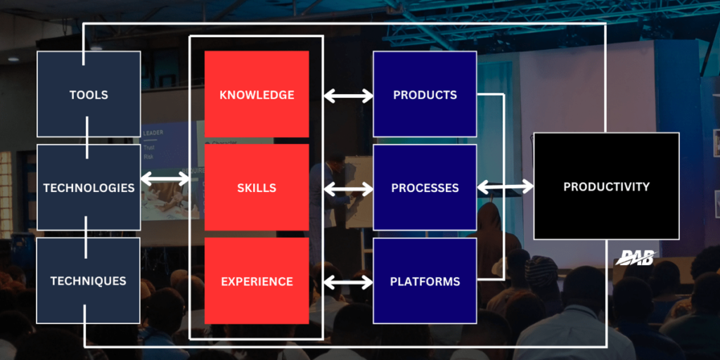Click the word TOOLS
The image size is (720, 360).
tap(89, 95)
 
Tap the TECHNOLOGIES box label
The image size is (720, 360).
tap(89, 188)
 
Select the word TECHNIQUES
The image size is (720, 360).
tap(89, 281)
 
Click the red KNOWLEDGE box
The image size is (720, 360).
tap(257, 95)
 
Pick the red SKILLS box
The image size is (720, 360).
tap(257, 188)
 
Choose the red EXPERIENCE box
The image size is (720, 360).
tap(257, 281)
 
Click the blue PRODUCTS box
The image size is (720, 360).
tap(425, 95)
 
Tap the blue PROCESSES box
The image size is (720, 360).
tap(425, 188)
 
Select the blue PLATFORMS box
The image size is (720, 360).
tap(425, 281)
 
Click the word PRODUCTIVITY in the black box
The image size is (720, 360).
tap(606, 186)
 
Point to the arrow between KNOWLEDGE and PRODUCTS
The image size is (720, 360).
tap(348, 96)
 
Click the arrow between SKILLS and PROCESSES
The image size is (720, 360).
tap(348, 188)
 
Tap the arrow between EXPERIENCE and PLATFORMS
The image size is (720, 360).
tap(348, 283)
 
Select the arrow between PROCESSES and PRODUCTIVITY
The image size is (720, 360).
tap(505, 187)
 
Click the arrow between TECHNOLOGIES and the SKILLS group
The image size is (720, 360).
tap(165, 179)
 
